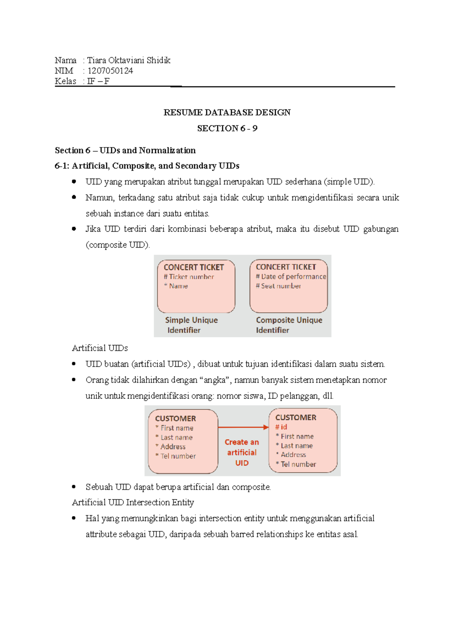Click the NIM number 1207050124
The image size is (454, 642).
pyautogui.click(x=110, y=71)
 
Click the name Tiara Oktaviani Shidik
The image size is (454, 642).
pyautogui.click(x=129, y=60)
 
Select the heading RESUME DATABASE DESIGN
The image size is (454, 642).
pyautogui.click(x=227, y=112)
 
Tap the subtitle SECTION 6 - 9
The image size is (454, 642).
pyautogui.click(x=227, y=128)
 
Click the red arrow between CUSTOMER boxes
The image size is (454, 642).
pyautogui.click(x=243, y=427)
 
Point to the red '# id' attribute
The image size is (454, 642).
pyautogui.click(x=281, y=427)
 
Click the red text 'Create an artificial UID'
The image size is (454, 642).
pyautogui.click(x=242, y=452)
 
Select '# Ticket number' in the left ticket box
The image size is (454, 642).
pyautogui.click(x=189, y=277)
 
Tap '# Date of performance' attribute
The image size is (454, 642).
pyautogui.click(x=291, y=276)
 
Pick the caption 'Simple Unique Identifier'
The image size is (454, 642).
pyautogui.click(x=191, y=325)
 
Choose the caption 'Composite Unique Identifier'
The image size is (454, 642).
pyautogui.click(x=289, y=325)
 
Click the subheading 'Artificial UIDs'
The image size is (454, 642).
pyautogui.click(x=100, y=348)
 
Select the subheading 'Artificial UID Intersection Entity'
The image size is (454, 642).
pyautogui.click(x=133, y=502)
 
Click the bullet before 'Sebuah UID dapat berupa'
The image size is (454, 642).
pyautogui.click(x=74, y=487)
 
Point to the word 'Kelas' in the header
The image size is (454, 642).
pyautogui.click(x=65, y=81)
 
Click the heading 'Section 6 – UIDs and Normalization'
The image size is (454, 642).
pyautogui.click(x=125, y=150)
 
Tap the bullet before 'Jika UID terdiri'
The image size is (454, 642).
pyautogui.click(x=74, y=229)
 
